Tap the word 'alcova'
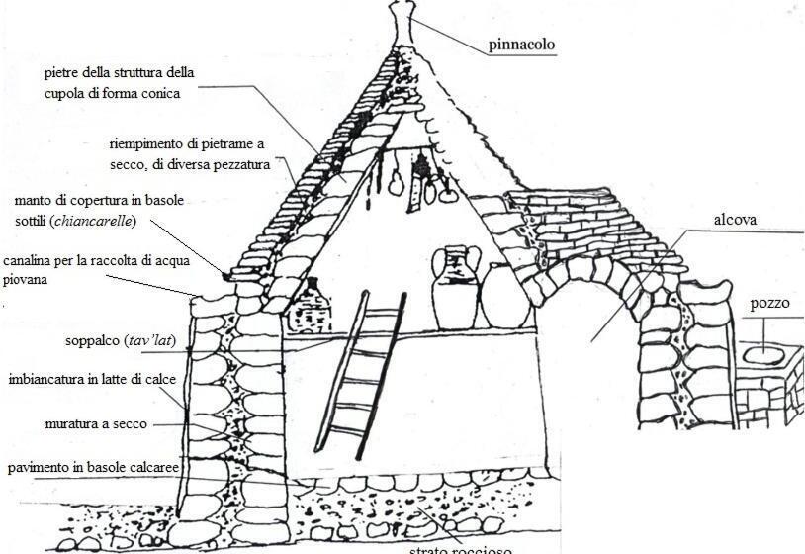click(735, 220)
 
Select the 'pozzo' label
click(769, 304)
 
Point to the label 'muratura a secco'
click(96, 423)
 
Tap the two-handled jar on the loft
click(456, 286)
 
